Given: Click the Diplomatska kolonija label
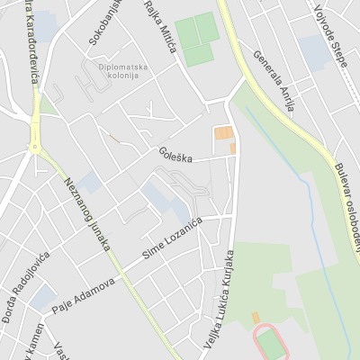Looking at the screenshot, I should (118, 70).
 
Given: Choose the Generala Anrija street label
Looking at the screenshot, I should (274, 81).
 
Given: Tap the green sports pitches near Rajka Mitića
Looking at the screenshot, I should (196, 40).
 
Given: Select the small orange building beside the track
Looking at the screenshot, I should (255, 318).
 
